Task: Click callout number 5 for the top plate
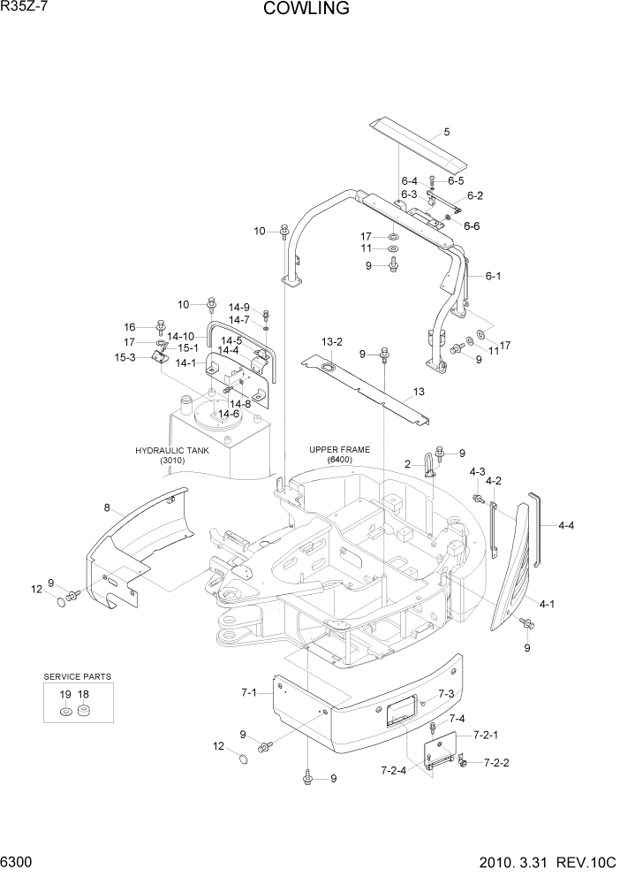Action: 446,132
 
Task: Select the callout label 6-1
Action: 493,276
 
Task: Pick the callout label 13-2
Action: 331,341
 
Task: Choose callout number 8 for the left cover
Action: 107,507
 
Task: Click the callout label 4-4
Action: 566,525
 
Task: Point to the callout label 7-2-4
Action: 394,770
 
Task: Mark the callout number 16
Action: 129,326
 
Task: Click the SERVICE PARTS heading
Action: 78,676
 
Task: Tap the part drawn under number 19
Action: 66,712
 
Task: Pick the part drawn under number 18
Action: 84,711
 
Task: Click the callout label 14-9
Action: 239,307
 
